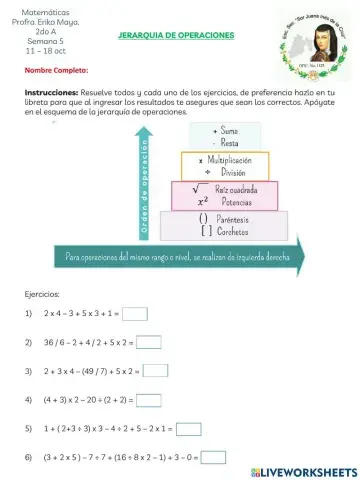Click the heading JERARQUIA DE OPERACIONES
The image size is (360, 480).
click(x=175, y=35)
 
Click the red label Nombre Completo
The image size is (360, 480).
click(x=56, y=70)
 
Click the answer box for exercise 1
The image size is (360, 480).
click(x=134, y=313)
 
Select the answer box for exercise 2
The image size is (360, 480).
click(x=148, y=342)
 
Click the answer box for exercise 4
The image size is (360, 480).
click(x=148, y=400)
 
